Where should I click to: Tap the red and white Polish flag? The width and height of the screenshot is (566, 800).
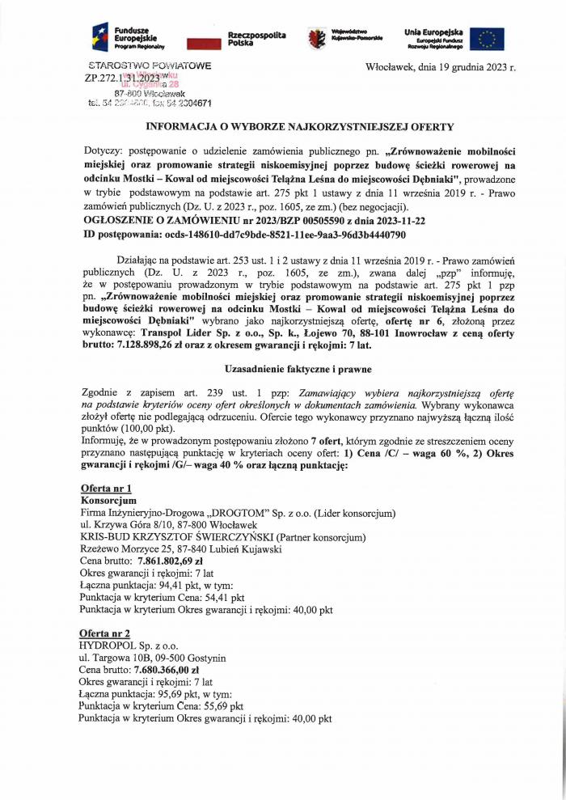[203, 43]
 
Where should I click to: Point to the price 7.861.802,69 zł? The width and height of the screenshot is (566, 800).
[171, 561]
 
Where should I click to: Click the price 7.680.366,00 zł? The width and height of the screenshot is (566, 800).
[169, 670]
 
